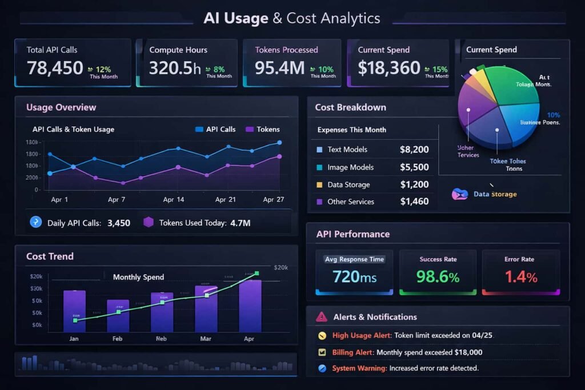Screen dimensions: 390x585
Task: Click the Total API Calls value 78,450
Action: click(55, 68)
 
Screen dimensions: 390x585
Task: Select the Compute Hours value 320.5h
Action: click(175, 68)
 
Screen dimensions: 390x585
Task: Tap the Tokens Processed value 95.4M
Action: click(280, 68)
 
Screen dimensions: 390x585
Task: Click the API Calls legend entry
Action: click(215, 129)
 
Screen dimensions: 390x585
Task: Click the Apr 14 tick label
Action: click(174, 200)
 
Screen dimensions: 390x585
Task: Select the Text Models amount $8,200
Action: click(414, 150)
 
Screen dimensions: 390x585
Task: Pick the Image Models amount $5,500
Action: click(414, 167)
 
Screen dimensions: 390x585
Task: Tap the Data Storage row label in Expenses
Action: click(348, 185)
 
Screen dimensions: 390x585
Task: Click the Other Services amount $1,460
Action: click(414, 202)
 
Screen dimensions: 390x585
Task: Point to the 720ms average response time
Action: click(354, 277)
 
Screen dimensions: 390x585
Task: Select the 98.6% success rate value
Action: click(438, 277)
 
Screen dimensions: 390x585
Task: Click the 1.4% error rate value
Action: click(520, 277)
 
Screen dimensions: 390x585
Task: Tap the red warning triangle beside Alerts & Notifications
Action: click(322, 316)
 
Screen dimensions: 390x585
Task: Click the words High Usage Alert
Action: click(360, 336)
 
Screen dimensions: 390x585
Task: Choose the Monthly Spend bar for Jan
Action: click(74, 311)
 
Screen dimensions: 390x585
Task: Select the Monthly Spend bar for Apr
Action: click(250, 305)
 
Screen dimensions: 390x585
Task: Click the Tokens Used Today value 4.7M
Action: click(240, 223)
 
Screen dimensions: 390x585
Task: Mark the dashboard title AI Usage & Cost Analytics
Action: click(292, 18)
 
